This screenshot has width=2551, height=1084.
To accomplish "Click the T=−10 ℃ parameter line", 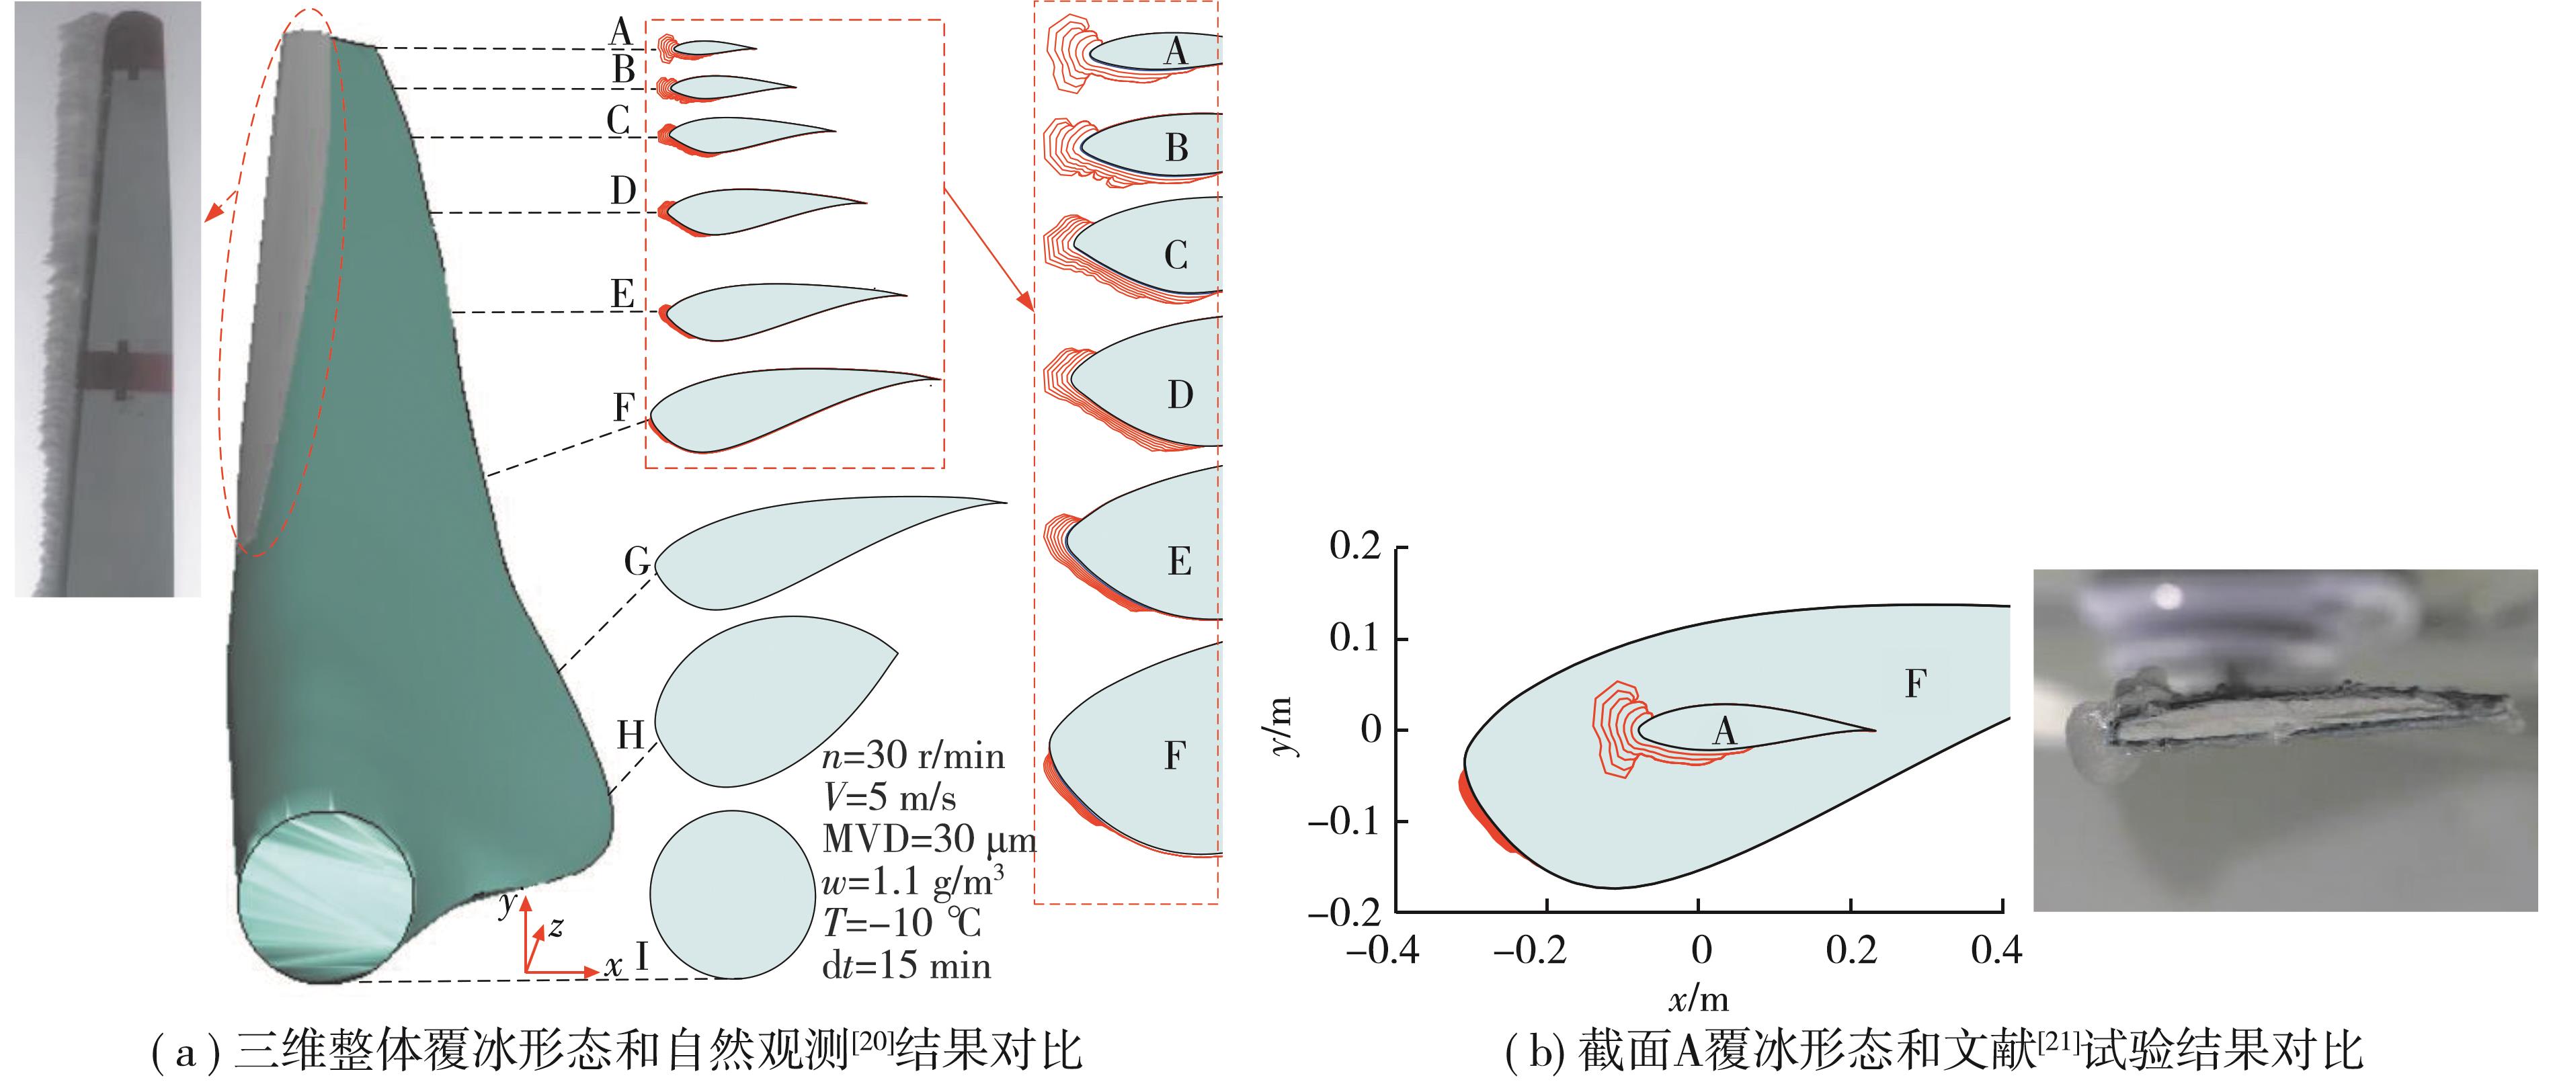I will pyautogui.click(x=901, y=923).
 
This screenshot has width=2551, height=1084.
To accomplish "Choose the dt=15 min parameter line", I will pyautogui.click(x=906, y=965).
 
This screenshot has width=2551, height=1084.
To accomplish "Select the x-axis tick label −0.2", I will pyautogui.click(x=1529, y=950).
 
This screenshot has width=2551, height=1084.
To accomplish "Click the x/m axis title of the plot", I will pyautogui.click(x=1699, y=998).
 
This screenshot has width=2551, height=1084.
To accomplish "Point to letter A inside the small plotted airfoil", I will pyautogui.click(x=1724, y=732).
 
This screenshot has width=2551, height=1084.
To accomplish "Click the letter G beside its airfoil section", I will pyautogui.click(x=637, y=561).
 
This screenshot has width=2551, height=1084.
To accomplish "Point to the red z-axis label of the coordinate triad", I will pyautogui.click(x=557, y=927).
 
